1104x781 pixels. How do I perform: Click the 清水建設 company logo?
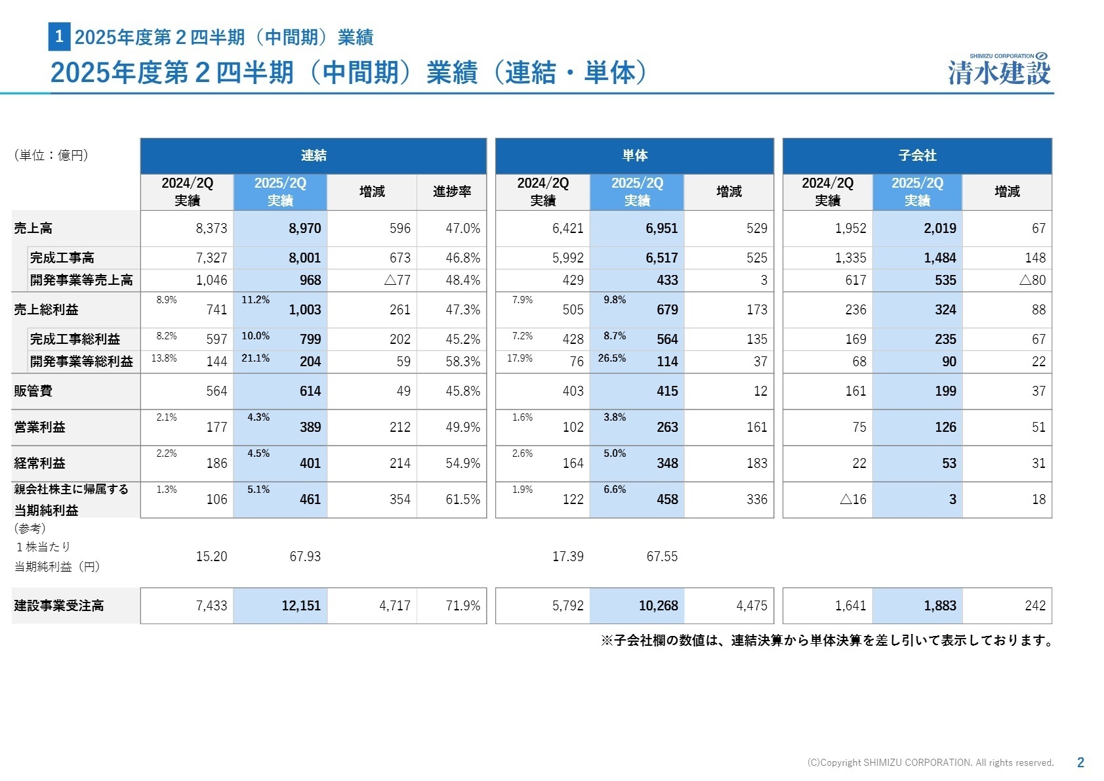coord(999,70)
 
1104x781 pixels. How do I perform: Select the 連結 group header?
coord(313,156)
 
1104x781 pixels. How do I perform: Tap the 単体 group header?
coord(634,156)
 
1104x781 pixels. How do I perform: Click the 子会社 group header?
coord(917,156)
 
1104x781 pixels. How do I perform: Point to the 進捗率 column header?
coord(451,192)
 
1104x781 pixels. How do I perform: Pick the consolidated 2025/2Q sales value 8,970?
coord(305,228)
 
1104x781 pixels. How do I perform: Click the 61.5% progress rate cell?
coord(462,499)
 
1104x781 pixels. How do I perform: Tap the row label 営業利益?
coord(39,427)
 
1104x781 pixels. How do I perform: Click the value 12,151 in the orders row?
coord(301,606)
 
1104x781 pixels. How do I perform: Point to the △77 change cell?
coord(397,280)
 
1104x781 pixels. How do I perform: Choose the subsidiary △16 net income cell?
coord(853,499)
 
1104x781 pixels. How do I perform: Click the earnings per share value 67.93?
coord(305,557)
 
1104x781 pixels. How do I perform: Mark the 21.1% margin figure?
coord(255,358)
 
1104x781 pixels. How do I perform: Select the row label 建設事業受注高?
coord(59,606)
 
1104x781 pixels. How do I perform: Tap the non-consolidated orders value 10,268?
coord(658,606)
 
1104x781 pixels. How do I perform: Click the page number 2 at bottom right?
coord(1080,763)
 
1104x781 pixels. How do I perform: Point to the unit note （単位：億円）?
coord(51,156)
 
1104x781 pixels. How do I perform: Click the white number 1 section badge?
coord(59,37)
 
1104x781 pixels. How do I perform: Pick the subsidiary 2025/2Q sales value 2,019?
coord(939,228)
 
